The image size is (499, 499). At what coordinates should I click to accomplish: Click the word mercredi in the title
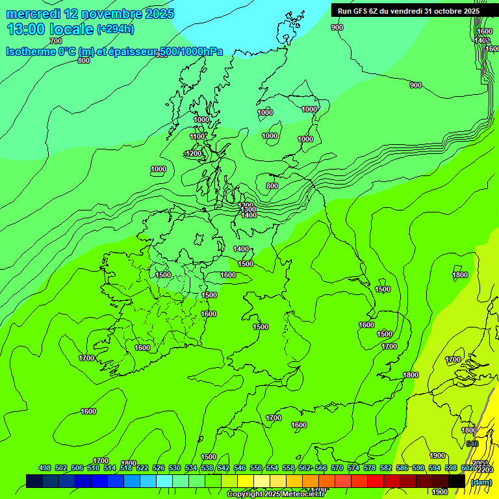33,14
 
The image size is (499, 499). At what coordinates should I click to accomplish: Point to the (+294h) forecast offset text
116,29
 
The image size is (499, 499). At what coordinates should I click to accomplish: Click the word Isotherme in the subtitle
33,51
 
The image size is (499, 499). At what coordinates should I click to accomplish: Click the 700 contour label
56,41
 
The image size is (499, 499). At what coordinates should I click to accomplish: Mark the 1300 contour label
248,210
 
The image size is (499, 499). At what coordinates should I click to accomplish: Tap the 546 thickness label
472,444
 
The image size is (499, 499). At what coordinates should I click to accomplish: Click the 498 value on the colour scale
45,468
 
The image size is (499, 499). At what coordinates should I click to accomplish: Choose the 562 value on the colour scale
305,468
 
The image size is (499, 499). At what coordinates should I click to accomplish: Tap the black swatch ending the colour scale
457,481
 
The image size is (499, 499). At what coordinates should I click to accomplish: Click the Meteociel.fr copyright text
276,494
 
